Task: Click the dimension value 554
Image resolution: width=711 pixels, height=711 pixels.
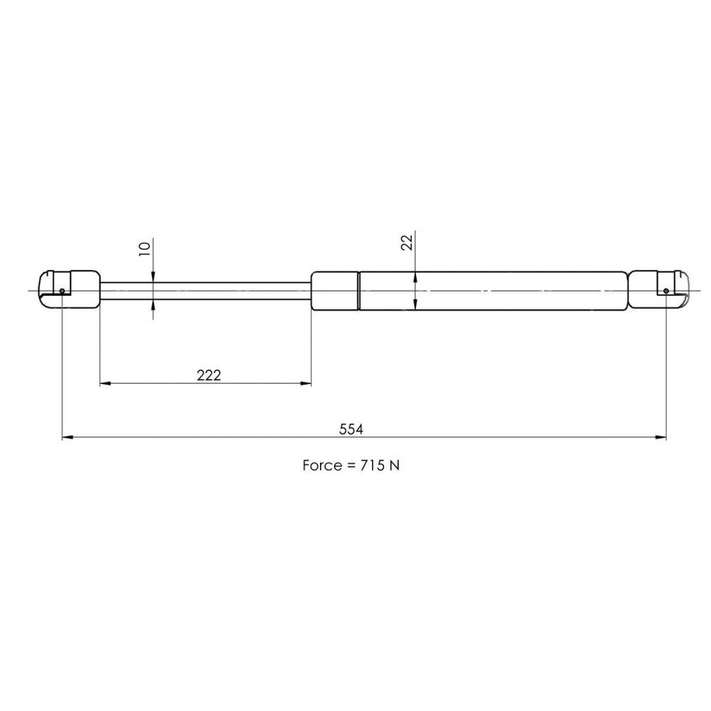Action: [x=351, y=429]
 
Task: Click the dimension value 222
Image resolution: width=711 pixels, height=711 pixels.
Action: [x=208, y=375]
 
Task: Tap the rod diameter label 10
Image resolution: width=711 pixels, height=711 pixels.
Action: [x=144, y=249]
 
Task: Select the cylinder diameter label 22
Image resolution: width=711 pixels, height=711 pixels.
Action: [x=407, y=242]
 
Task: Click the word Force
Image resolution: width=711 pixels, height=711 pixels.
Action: [x=321, y=466]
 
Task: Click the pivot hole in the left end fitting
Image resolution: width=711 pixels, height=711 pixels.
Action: [x=62, y=291]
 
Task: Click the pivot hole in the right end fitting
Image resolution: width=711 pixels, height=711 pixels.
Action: [x=665, y=291]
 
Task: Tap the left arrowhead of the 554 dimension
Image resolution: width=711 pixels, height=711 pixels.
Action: [x=68, y=437]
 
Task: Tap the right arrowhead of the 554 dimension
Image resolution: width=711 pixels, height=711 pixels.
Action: [x=661, y=437]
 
